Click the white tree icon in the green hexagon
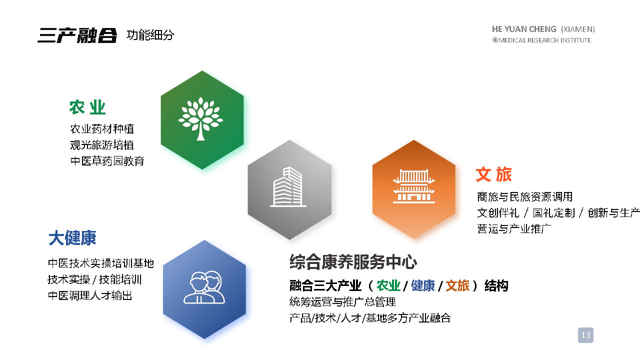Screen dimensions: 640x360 [x=200, y=119]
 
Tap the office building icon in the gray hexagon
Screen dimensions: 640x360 [x=288, y=187]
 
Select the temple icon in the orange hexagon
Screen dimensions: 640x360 [x=414, y=186]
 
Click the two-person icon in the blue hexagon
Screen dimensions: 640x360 [x=204, y=287]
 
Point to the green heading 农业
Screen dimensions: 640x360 [x=87, y=107]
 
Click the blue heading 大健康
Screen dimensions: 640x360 [x=72, y=237]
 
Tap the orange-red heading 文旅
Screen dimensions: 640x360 [x=493, y=174]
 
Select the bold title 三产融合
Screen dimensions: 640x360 [x=77, y=35]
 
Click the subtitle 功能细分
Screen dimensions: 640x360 [x=150, y=35]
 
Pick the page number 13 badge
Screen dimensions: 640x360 [x=585, y=335]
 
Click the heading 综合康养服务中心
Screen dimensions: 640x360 [x=353, y=261]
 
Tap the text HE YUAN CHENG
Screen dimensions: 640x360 [x=524, y=29]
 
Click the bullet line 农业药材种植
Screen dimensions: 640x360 [x=102, y=129]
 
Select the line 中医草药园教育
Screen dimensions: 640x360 [x=107, y=161]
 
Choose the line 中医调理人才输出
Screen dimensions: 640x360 [x=90, y=295]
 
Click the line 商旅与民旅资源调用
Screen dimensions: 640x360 [x=525, y=197]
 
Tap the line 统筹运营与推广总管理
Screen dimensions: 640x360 [x=342, y=301]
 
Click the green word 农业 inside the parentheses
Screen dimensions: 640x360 [x=388, y=285]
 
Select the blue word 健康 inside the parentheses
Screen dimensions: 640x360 [x=423, y=285]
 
